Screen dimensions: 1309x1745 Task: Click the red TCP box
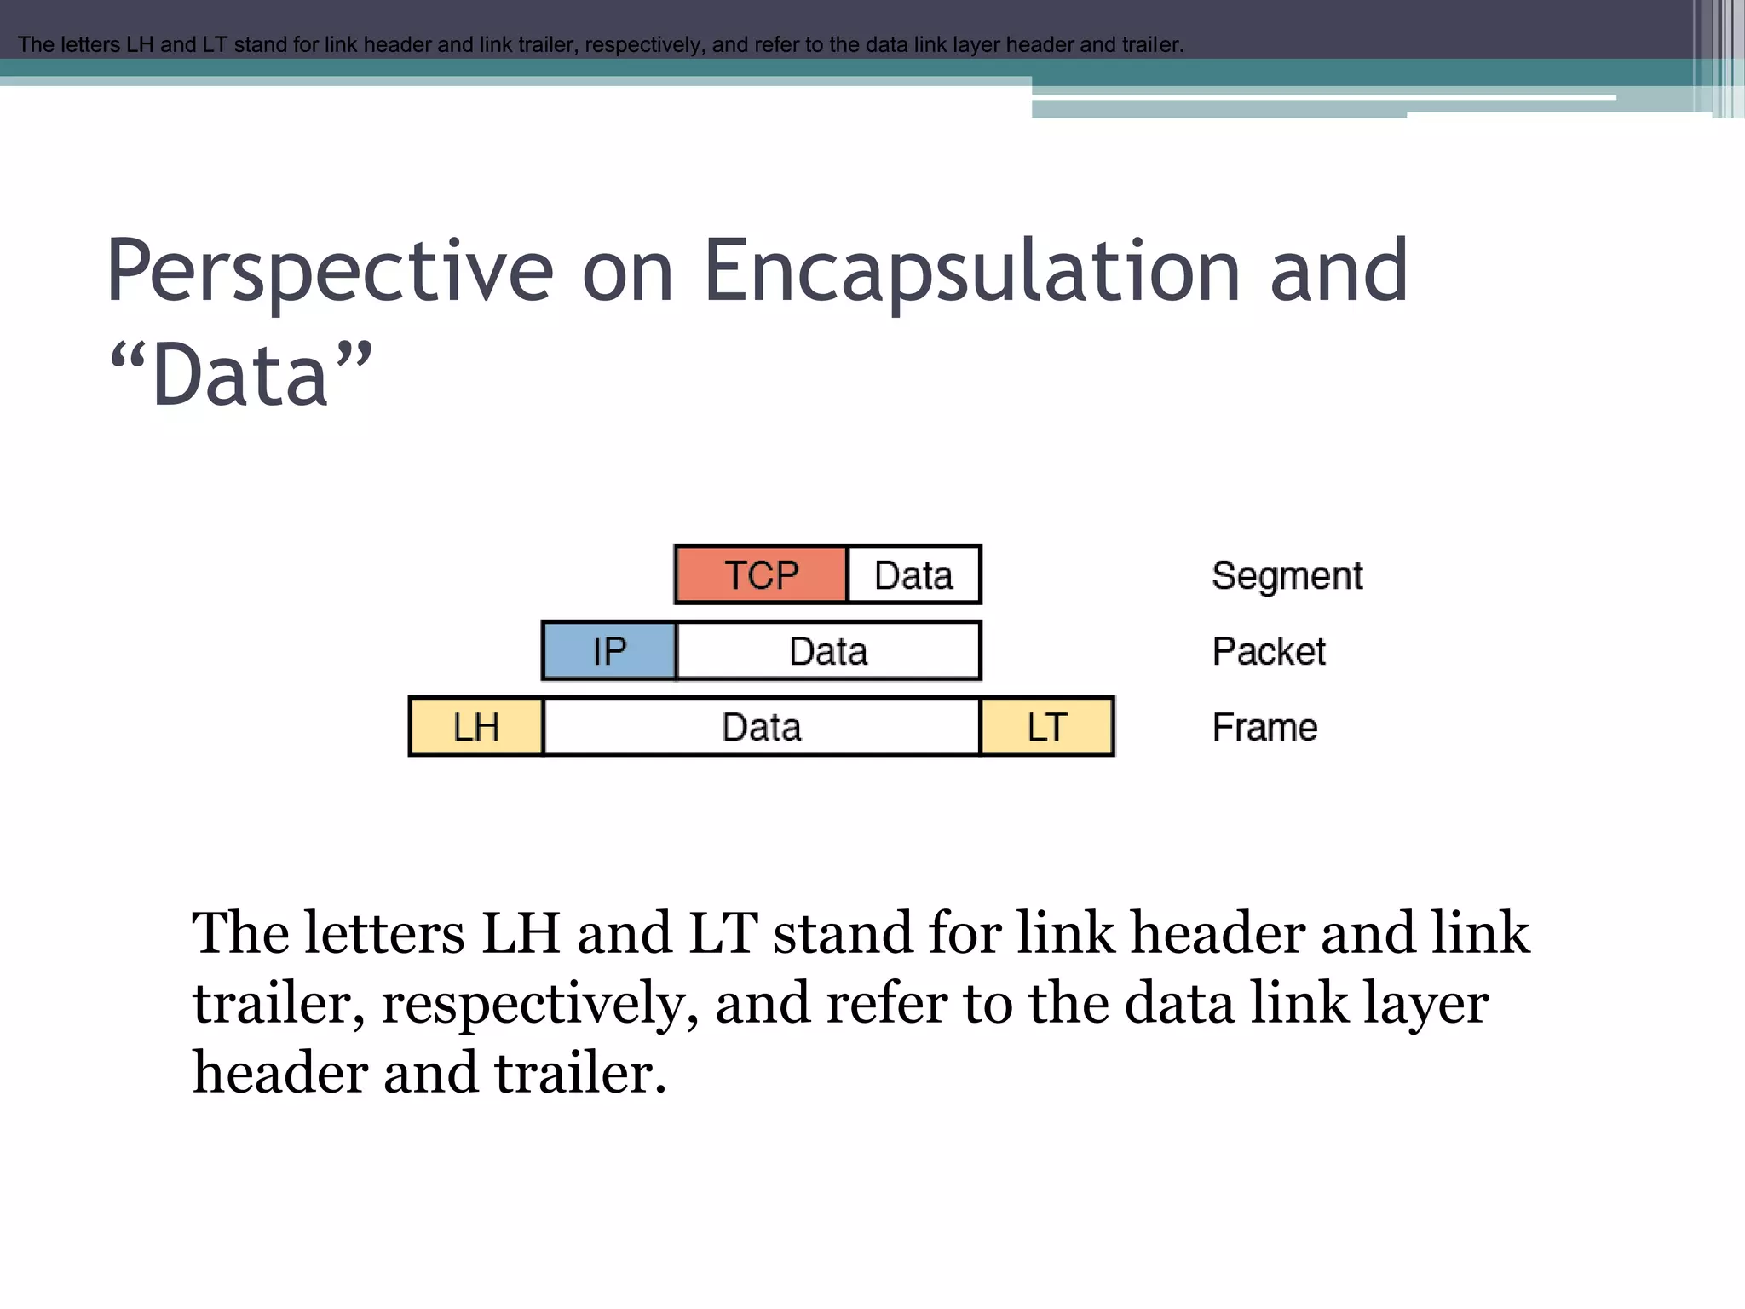pyautogui.click(x=761, y=575)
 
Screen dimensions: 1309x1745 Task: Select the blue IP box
pyautogui.click(x=609, y=651)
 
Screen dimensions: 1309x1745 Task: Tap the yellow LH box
pyautogui.click(x=475, y=727)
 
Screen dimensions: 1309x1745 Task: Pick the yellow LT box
pyautogui.click(x=1047, y=727)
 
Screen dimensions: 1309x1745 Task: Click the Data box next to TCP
pyautogui.click(x=913, y=575)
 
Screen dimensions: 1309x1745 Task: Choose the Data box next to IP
pyautogui.click(x=828, y=651)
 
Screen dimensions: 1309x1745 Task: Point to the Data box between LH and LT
pyautogui.click(x=761, y=727)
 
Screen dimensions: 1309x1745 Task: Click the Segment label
pyautogui.click(x=1287, y=576)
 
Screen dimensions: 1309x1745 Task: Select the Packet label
pyautogui.click(x=1269, y=652)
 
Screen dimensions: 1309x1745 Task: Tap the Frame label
pyautogui.click(x=1264, y=728)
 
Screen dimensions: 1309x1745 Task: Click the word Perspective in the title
pyautogui.click(x=329, y=271)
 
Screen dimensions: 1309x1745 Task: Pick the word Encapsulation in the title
pyautogui.click(x=971, y=271)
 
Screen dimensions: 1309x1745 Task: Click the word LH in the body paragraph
pyautogui.click(x=521, y=932)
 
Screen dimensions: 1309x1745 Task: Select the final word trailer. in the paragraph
pyautogui.click(x=580, y=1072)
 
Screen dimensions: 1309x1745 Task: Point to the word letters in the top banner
pyautogui.click(x=88, y=44)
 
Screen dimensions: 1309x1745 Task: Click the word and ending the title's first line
pyautogui.click(x=1339, y=271)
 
